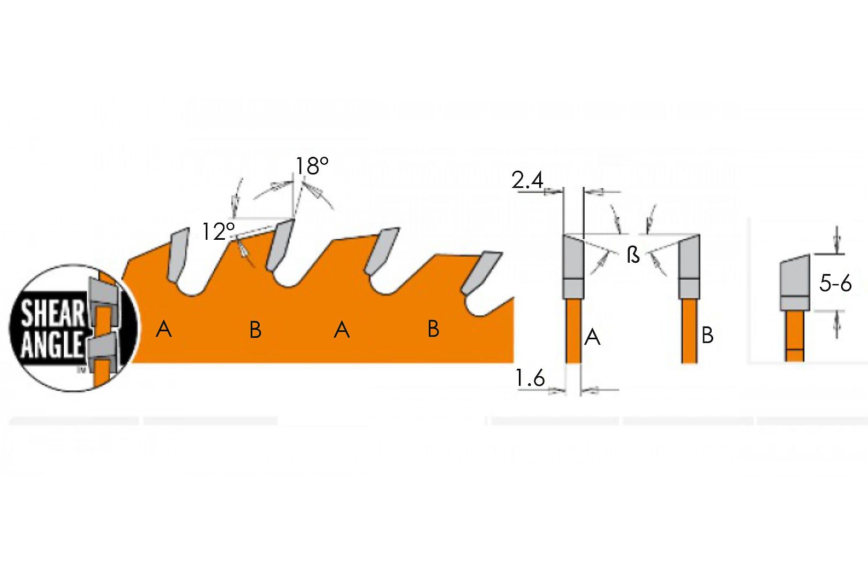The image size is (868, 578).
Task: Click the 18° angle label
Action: (x=312, y=166)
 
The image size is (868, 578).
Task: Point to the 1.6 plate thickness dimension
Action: (x=530, y=378)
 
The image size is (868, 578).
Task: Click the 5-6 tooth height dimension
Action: (x=835, y=284)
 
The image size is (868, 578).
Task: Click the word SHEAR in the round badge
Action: (x=52, y=314)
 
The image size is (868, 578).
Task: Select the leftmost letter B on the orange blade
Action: (x=255, y=330)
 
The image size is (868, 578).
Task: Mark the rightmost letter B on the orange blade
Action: (x=434, y=329)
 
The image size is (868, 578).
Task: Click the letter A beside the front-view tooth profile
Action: (x=592, y=337)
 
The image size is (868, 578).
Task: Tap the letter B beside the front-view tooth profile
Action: (x=707, y=336)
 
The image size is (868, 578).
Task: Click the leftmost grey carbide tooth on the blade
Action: (x=178, y=254)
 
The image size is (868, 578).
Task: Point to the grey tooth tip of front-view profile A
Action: (x=573, y=266)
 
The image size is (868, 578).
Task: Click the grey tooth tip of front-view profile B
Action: (x=689, y=266)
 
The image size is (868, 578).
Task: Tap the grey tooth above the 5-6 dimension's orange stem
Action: (x=795, y=282)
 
